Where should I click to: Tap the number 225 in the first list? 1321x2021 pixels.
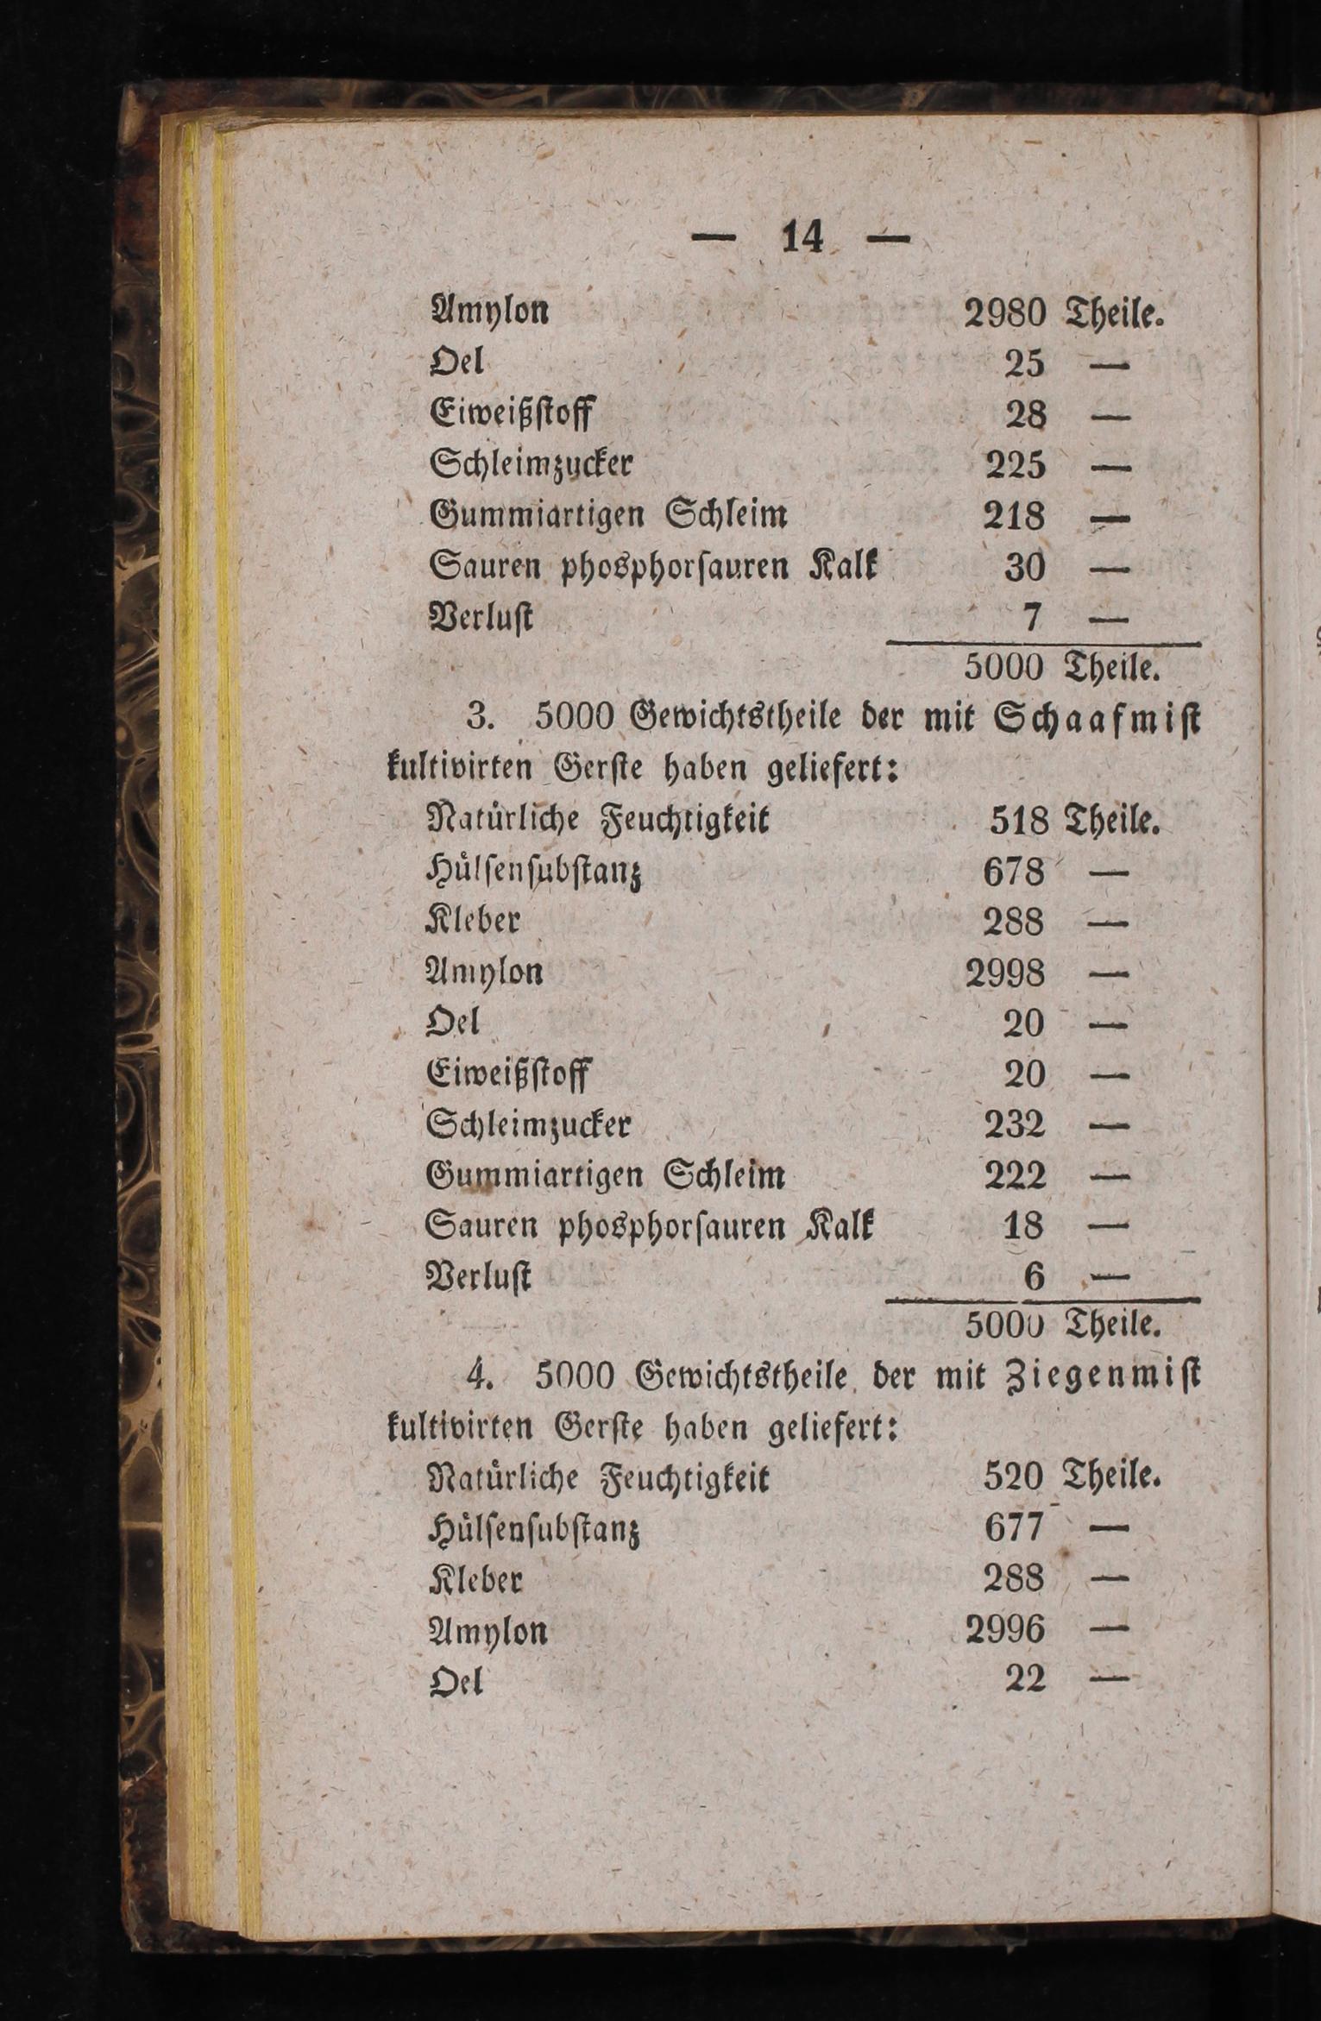1015,466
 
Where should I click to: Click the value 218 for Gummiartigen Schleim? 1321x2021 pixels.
1015,516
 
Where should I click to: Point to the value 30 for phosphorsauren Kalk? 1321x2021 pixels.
1025,567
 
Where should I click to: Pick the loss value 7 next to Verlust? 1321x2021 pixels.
1033,617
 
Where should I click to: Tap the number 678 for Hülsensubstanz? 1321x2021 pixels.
1014,872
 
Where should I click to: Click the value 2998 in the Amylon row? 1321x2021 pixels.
1004,974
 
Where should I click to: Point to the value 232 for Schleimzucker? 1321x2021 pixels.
1015,1126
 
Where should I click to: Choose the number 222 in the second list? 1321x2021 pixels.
1015,1176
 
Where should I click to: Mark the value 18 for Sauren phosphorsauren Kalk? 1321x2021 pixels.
1024,1226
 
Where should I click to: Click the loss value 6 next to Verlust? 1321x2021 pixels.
1034,1277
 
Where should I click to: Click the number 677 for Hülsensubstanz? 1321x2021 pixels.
1014,1531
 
